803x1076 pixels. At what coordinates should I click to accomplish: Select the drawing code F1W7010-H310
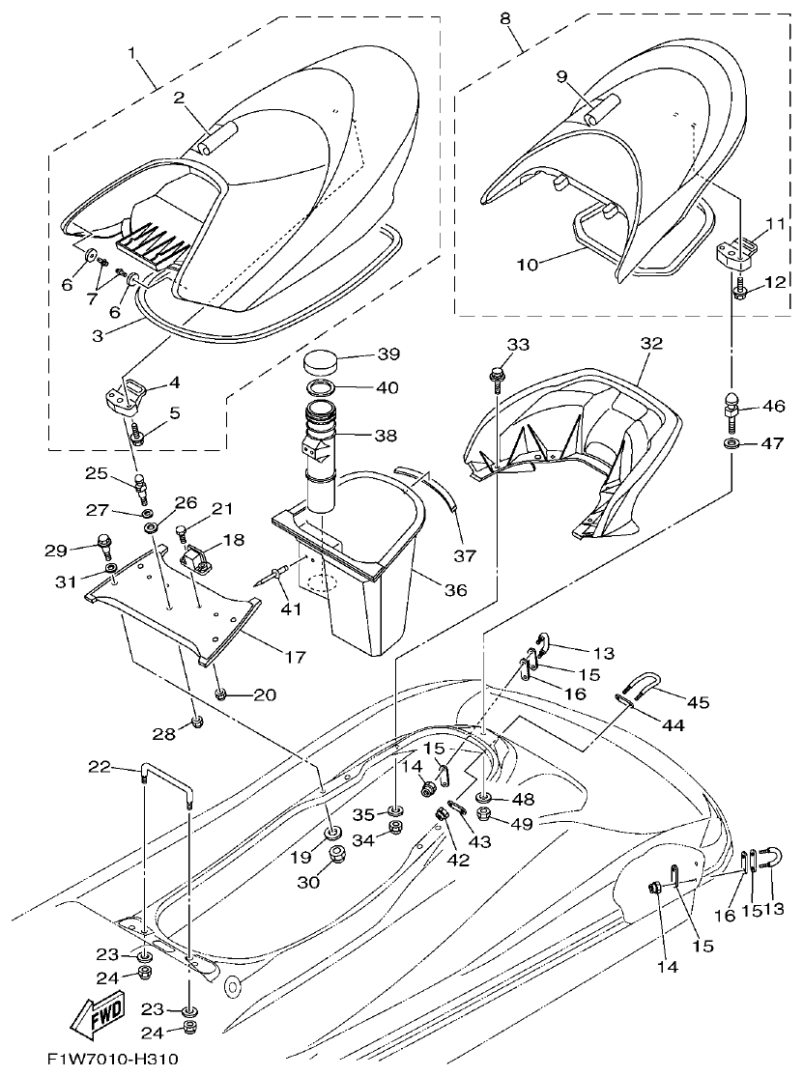point(112,1060)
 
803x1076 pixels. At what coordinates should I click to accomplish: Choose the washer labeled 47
point(731,443)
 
